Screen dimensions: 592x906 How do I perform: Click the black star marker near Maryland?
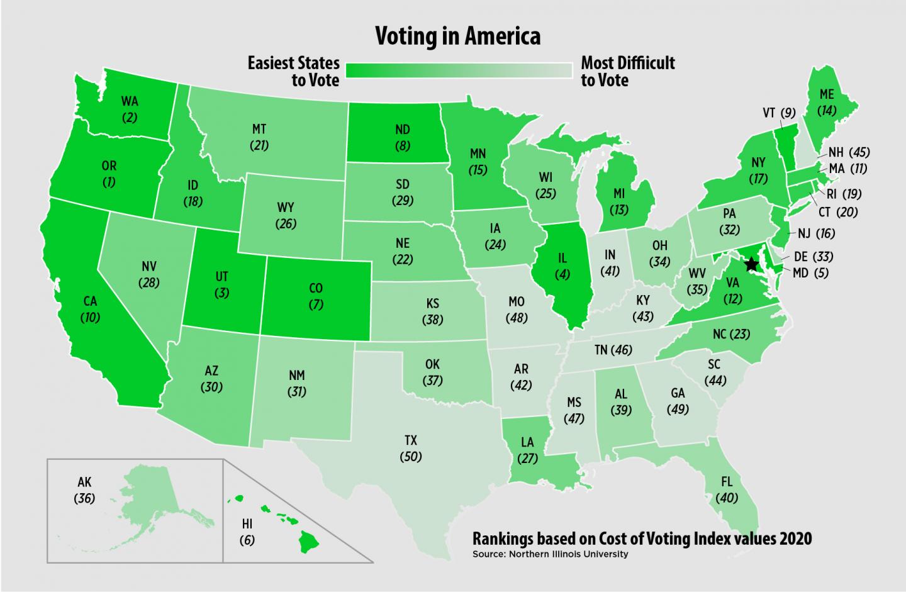coord(750,264)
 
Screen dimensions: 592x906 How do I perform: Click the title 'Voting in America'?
coord(457,36)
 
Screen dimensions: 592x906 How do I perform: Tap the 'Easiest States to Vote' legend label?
coord(293,72)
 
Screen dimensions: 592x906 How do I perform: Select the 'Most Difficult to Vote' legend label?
coord(627,72)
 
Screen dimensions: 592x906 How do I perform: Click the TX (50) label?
coord(411,449)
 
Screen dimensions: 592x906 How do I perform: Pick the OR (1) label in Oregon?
coord(109,175)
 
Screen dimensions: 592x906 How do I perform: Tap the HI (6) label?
coord(247,532)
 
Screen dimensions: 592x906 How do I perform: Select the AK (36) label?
coord(84,491)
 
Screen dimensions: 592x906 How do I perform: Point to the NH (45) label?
coord(849,152)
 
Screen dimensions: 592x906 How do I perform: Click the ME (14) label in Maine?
coord(827,102)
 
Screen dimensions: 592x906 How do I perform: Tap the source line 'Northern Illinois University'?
coord(550,554)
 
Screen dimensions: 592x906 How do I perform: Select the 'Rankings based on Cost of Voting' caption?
coord(642,539)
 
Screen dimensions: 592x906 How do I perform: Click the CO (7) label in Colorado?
coord(316,296)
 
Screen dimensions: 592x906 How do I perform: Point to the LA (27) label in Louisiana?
coord(527,450)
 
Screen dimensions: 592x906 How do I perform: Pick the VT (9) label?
coord(779,113)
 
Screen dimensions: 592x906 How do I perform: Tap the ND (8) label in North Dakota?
coord(403,137)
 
